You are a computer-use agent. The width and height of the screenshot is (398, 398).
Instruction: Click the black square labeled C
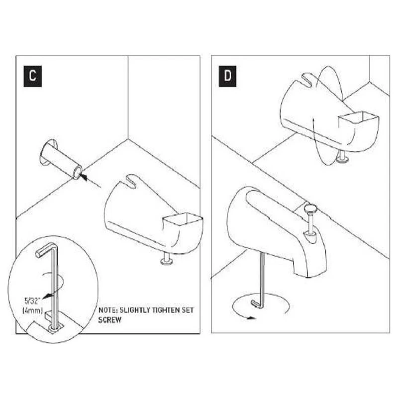point(32,76)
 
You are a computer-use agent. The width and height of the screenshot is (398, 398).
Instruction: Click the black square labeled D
point(228,76)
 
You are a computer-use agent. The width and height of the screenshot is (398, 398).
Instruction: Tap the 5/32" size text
point(32,301)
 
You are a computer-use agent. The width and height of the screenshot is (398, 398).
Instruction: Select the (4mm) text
point(32,310)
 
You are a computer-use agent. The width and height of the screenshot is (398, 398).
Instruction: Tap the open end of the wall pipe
point(78,173)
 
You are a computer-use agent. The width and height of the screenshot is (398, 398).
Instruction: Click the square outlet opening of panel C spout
point(183,219)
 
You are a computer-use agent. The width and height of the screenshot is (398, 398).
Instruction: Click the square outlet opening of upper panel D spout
point(358,117)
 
